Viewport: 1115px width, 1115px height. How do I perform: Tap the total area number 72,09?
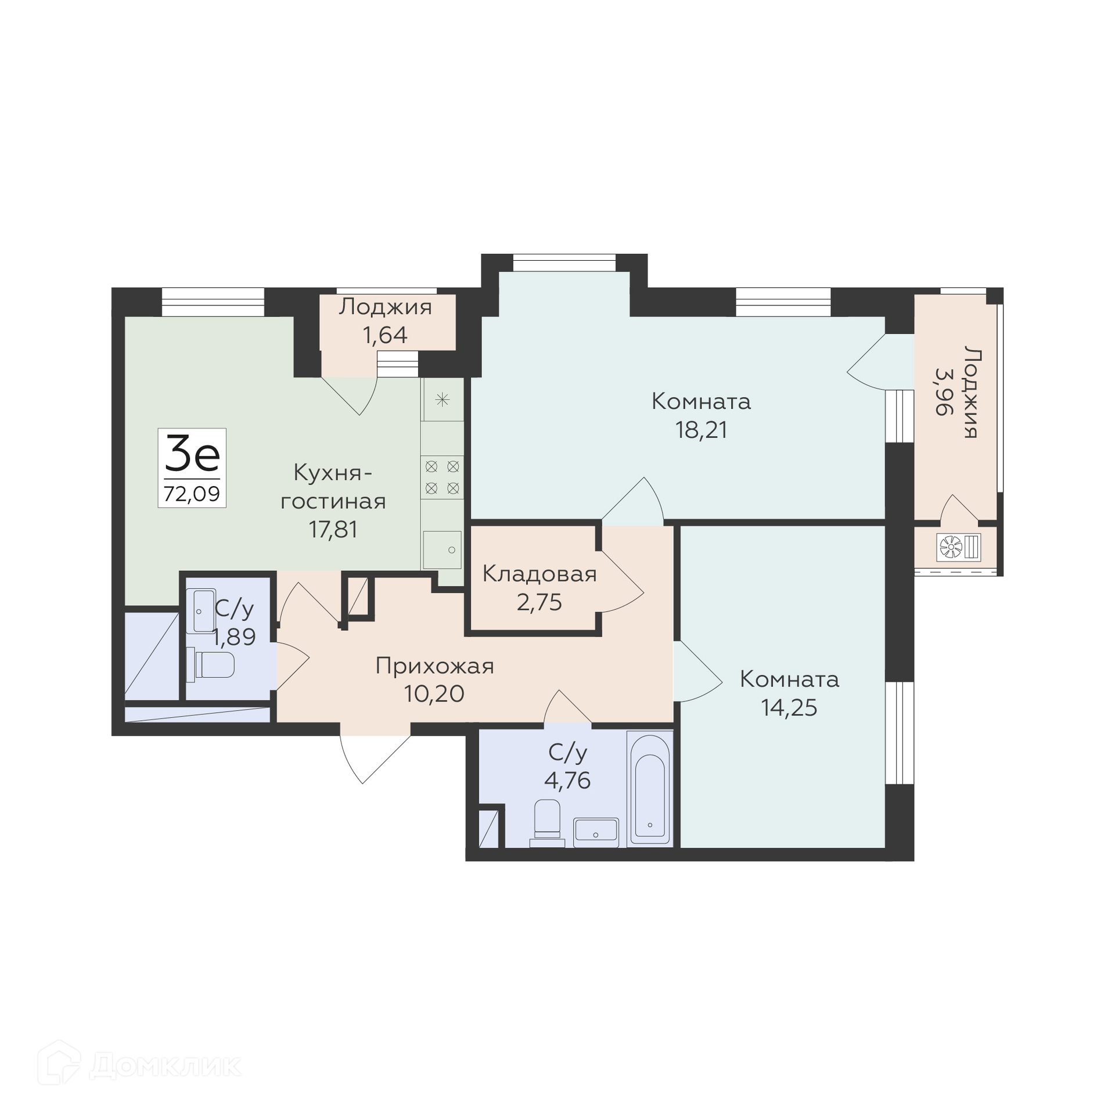coord(192,494)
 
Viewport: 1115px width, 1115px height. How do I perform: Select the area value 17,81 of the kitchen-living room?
coord(333,529)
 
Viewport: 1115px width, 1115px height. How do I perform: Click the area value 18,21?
coord(701,430)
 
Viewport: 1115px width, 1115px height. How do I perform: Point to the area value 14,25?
coord(789,707)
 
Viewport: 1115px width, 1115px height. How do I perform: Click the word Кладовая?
coord(539,574)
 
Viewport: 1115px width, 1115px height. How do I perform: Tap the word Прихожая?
coord(434,666)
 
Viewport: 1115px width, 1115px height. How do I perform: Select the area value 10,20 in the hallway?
coord(434,693)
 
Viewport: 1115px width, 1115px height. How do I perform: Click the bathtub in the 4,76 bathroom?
coord(650,796)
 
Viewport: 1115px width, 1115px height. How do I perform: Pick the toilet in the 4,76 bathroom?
coord(547,823)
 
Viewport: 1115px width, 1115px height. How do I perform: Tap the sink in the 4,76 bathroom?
coord(596,832)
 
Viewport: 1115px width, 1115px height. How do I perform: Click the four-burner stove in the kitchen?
coord(442,477)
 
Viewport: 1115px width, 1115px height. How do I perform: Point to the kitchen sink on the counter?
coord(442,549)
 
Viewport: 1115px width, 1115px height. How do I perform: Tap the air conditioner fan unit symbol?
coord(959,546)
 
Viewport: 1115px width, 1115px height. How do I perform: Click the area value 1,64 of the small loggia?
coord(385,335)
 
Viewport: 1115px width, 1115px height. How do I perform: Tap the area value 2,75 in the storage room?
coord(539,602)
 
